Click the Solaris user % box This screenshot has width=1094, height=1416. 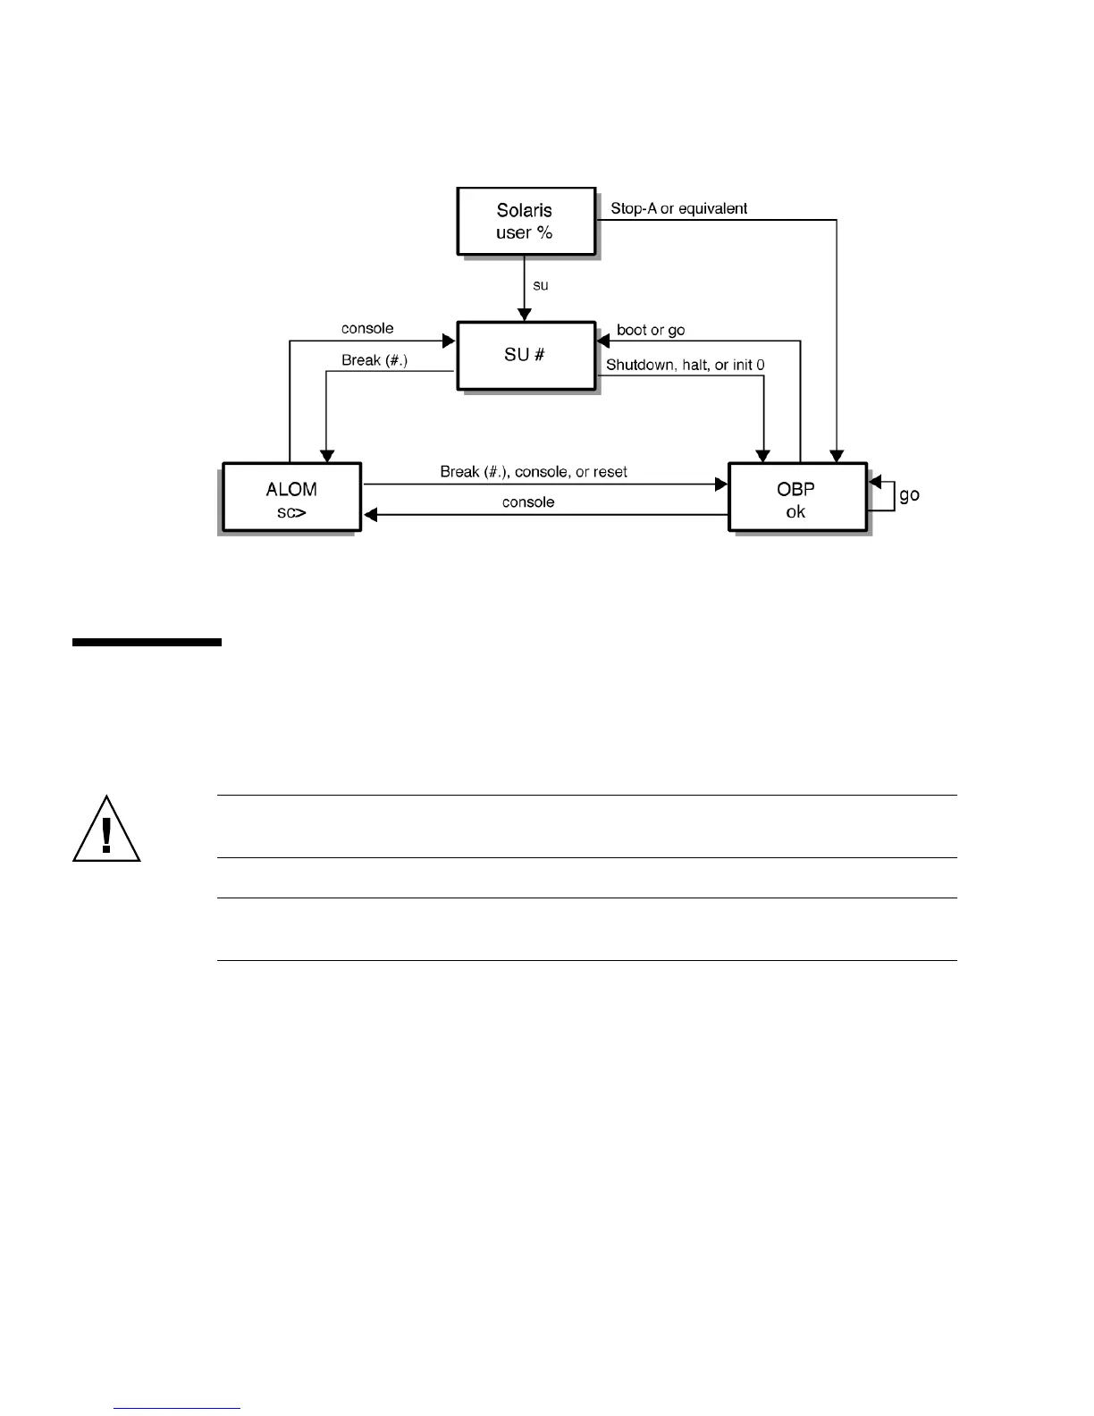526,221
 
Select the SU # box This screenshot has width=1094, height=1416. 526,355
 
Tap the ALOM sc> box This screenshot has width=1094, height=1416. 291,497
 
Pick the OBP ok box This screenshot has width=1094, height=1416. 797,497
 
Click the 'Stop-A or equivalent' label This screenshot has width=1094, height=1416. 678,208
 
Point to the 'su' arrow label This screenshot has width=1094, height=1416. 540,285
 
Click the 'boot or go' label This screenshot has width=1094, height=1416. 651,330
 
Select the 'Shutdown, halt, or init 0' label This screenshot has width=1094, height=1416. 685,365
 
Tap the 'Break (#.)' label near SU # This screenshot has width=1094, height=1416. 374,360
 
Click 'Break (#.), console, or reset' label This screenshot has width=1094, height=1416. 534,471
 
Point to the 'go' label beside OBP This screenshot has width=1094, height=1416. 909,494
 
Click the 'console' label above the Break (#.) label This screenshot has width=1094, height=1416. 367,328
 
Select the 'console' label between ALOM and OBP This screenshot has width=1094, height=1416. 528,501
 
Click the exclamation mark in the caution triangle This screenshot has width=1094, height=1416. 106,833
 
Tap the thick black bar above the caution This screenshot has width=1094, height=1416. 147,642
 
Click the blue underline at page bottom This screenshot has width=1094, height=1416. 178,1408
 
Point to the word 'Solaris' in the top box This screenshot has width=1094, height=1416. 525,210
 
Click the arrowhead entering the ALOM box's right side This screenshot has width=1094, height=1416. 369,514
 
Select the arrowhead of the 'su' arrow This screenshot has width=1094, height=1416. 526,315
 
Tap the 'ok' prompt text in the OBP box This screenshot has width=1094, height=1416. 795,512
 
